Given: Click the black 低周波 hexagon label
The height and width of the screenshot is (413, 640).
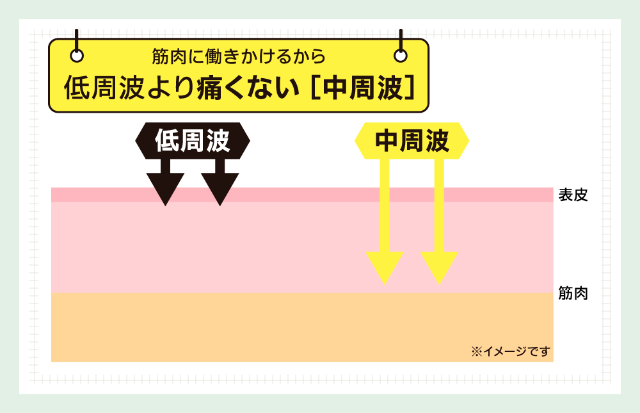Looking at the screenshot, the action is (192, 140).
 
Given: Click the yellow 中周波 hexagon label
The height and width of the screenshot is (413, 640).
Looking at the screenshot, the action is (412, 140).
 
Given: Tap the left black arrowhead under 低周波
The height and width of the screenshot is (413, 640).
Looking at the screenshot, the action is (165, 189).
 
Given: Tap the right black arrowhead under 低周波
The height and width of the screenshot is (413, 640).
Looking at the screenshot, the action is (220, 189).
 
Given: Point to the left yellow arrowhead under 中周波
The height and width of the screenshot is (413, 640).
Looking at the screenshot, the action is (385, 268).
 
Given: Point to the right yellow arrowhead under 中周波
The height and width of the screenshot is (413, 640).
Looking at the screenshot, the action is (439, 268).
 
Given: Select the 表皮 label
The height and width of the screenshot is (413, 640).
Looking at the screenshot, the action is (573, 195).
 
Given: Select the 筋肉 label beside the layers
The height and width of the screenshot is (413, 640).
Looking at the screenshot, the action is (573, 293).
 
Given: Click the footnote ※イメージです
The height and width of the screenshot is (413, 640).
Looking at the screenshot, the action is (511, 352).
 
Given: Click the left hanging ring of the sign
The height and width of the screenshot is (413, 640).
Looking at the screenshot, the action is (77, 55).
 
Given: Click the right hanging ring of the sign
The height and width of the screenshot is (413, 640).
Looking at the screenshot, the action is (401, 55).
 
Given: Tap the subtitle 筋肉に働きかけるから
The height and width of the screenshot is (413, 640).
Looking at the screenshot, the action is (239, 56).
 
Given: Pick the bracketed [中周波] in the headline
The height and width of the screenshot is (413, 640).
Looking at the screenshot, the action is (362, 88).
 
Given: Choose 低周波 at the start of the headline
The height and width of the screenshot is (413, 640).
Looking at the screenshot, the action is (104, 88).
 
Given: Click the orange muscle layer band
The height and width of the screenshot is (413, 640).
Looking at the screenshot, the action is (302, 327).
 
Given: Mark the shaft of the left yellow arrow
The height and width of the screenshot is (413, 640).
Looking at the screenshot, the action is (385, 206).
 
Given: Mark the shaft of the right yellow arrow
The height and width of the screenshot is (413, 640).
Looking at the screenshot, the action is (439, 206).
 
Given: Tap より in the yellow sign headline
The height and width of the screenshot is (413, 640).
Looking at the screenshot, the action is (170, 88).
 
